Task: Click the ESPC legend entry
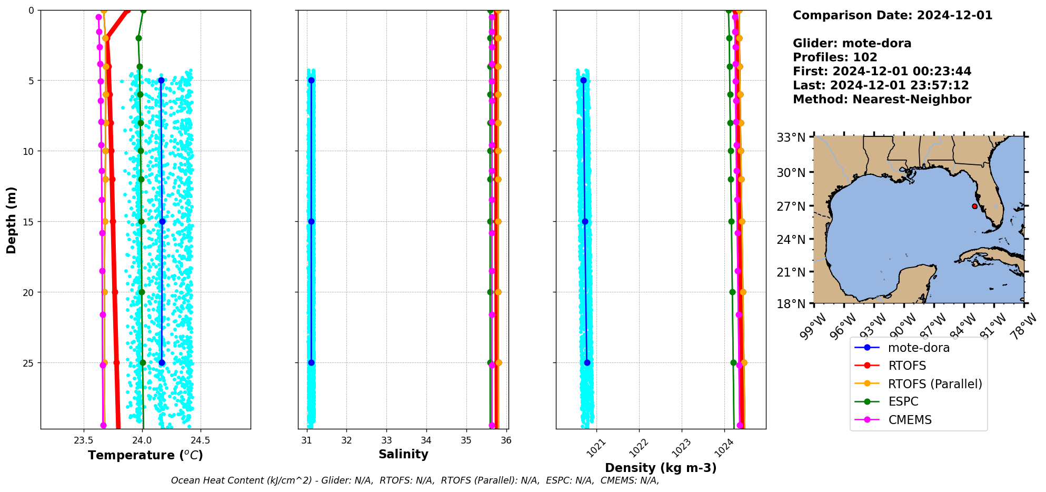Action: click(x=903, y=401)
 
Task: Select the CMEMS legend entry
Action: click(x=910, y=420)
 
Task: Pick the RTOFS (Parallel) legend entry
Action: click(x=935, y=384)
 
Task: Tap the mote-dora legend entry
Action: click(x=919, y=348)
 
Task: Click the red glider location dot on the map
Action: click(x=975, y=206)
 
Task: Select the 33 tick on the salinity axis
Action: click(x=386, y=440)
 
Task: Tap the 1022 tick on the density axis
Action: click(x=638, y=448)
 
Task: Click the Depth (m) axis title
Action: click(x=12, y=220)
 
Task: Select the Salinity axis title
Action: click(x=403, y=454)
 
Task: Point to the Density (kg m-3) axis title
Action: click(x=661, y=468)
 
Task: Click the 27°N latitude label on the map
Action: click(x=791, y=206)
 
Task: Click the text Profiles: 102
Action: click(x=835, y=57)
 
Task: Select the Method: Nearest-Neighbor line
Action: click(x=882, y=100)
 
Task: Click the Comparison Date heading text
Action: click(x=892, y=15)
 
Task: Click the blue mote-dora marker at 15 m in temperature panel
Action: click(x=162, y=221)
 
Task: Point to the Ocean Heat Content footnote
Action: click(x=415, y=480)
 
